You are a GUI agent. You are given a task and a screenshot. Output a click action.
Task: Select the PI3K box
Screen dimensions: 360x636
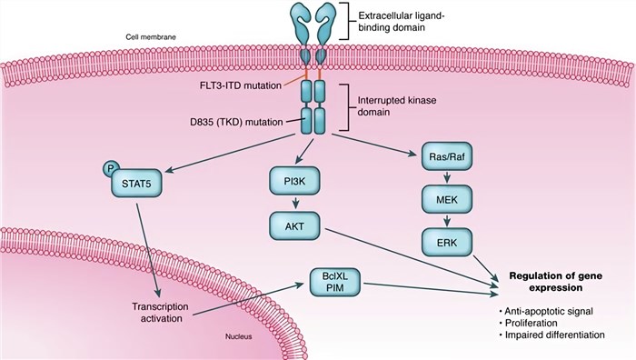(x=293, y=182)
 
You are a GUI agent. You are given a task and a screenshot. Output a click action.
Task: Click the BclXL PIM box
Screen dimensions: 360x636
(x=330, y=285)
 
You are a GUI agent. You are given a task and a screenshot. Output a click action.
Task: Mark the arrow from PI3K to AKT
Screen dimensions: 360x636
(x=293, y=204)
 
